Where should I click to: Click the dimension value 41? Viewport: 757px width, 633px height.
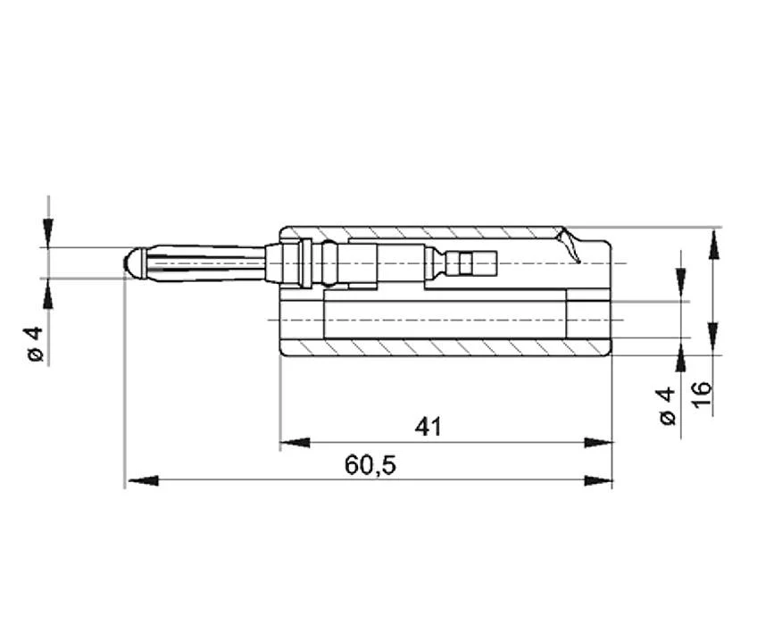[428, 427]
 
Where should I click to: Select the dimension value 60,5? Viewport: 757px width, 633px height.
[370, 465]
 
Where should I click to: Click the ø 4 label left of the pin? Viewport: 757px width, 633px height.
[35, 344]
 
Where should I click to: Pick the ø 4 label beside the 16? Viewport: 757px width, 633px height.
[666, 406]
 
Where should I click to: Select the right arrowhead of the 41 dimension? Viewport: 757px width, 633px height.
[599, 442]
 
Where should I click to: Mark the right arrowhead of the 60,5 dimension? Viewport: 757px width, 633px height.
[599, 480]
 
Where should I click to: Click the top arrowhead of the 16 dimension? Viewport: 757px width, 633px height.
[713, 243]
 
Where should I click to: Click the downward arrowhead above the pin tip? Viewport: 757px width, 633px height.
[48, 233]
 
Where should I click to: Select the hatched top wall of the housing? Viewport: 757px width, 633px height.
[420, 233]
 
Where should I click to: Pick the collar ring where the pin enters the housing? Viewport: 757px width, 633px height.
[305, 263]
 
